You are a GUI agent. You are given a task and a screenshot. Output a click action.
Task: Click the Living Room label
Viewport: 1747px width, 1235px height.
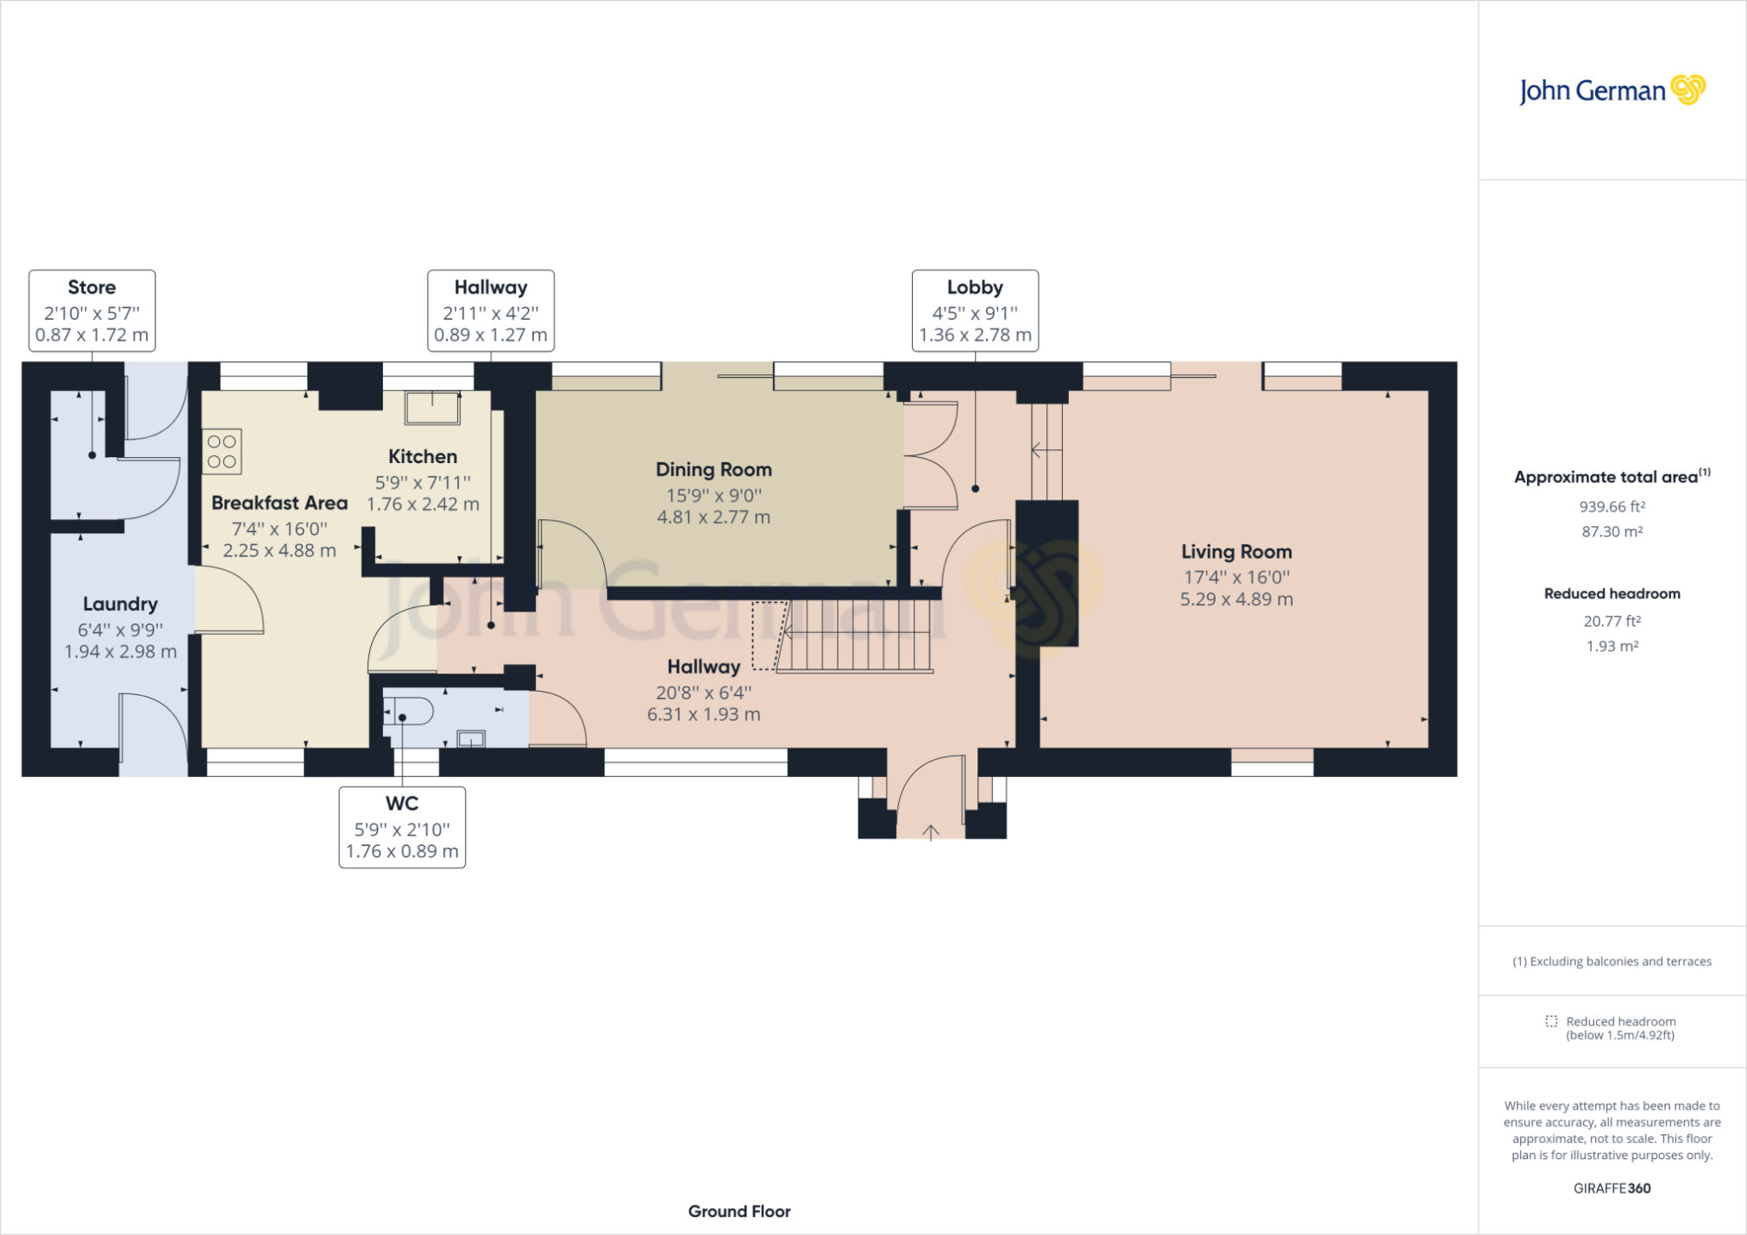tap(1236, 552)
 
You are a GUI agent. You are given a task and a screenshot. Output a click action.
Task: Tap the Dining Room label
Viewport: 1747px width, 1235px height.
tap(713, 470)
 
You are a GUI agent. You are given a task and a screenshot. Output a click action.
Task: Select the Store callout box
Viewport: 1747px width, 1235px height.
tap(92, 310)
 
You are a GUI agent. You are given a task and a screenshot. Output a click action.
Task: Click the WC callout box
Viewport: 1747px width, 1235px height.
tap(402, 827)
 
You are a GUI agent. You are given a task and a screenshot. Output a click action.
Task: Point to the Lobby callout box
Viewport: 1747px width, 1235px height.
tap(975, 310)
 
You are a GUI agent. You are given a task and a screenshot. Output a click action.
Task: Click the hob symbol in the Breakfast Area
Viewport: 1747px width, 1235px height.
tap(222, 452)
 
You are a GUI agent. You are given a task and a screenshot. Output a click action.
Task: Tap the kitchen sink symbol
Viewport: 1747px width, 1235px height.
tap(433, 408)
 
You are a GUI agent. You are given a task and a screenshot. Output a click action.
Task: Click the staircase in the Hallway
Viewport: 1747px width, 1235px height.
tap(855, 636)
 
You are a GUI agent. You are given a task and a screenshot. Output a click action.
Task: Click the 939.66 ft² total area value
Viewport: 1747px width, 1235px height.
tap(1612, 506)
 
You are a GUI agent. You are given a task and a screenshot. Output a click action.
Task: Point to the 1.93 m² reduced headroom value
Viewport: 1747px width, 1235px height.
tap(1612, 646)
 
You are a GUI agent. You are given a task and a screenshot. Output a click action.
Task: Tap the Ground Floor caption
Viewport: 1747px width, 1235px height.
tap(739, 1212)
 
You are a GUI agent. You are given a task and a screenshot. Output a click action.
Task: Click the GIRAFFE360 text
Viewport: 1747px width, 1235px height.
tap(1612, 1188)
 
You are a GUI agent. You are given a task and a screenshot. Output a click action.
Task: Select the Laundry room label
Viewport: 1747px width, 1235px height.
tap(120, 605)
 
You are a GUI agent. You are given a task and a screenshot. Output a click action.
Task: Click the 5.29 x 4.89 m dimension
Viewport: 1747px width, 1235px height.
tap(1236, 599)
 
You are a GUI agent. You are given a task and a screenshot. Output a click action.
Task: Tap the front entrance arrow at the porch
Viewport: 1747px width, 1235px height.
tap(931, 832)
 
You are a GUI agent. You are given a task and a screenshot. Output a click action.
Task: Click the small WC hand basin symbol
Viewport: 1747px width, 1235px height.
tap(471, 738)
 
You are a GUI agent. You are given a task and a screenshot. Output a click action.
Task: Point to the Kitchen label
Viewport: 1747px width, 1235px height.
tap(423, 457)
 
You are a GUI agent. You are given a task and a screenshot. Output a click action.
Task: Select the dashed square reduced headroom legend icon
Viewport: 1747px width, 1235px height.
tap(1551, 1021)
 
